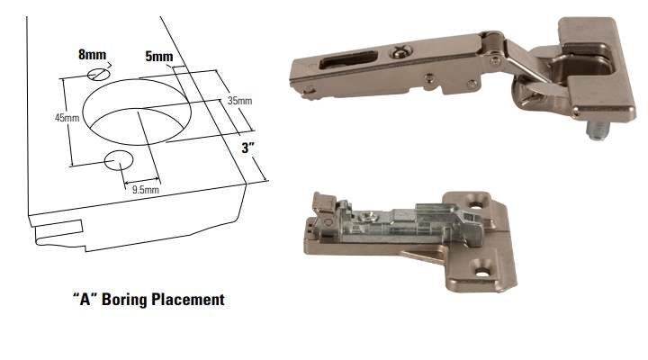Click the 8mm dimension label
(x=92, y=55)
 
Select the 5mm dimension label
(x=159, y=57)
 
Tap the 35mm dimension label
(x=239, y=101)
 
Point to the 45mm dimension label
(x=67, y=118)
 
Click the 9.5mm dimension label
(x=146, y=190)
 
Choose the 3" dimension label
(x=248, y=148)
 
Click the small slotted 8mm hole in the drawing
(x=99, y=75)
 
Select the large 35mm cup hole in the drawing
(x=137, y=112)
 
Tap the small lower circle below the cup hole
(x=119, y=160)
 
